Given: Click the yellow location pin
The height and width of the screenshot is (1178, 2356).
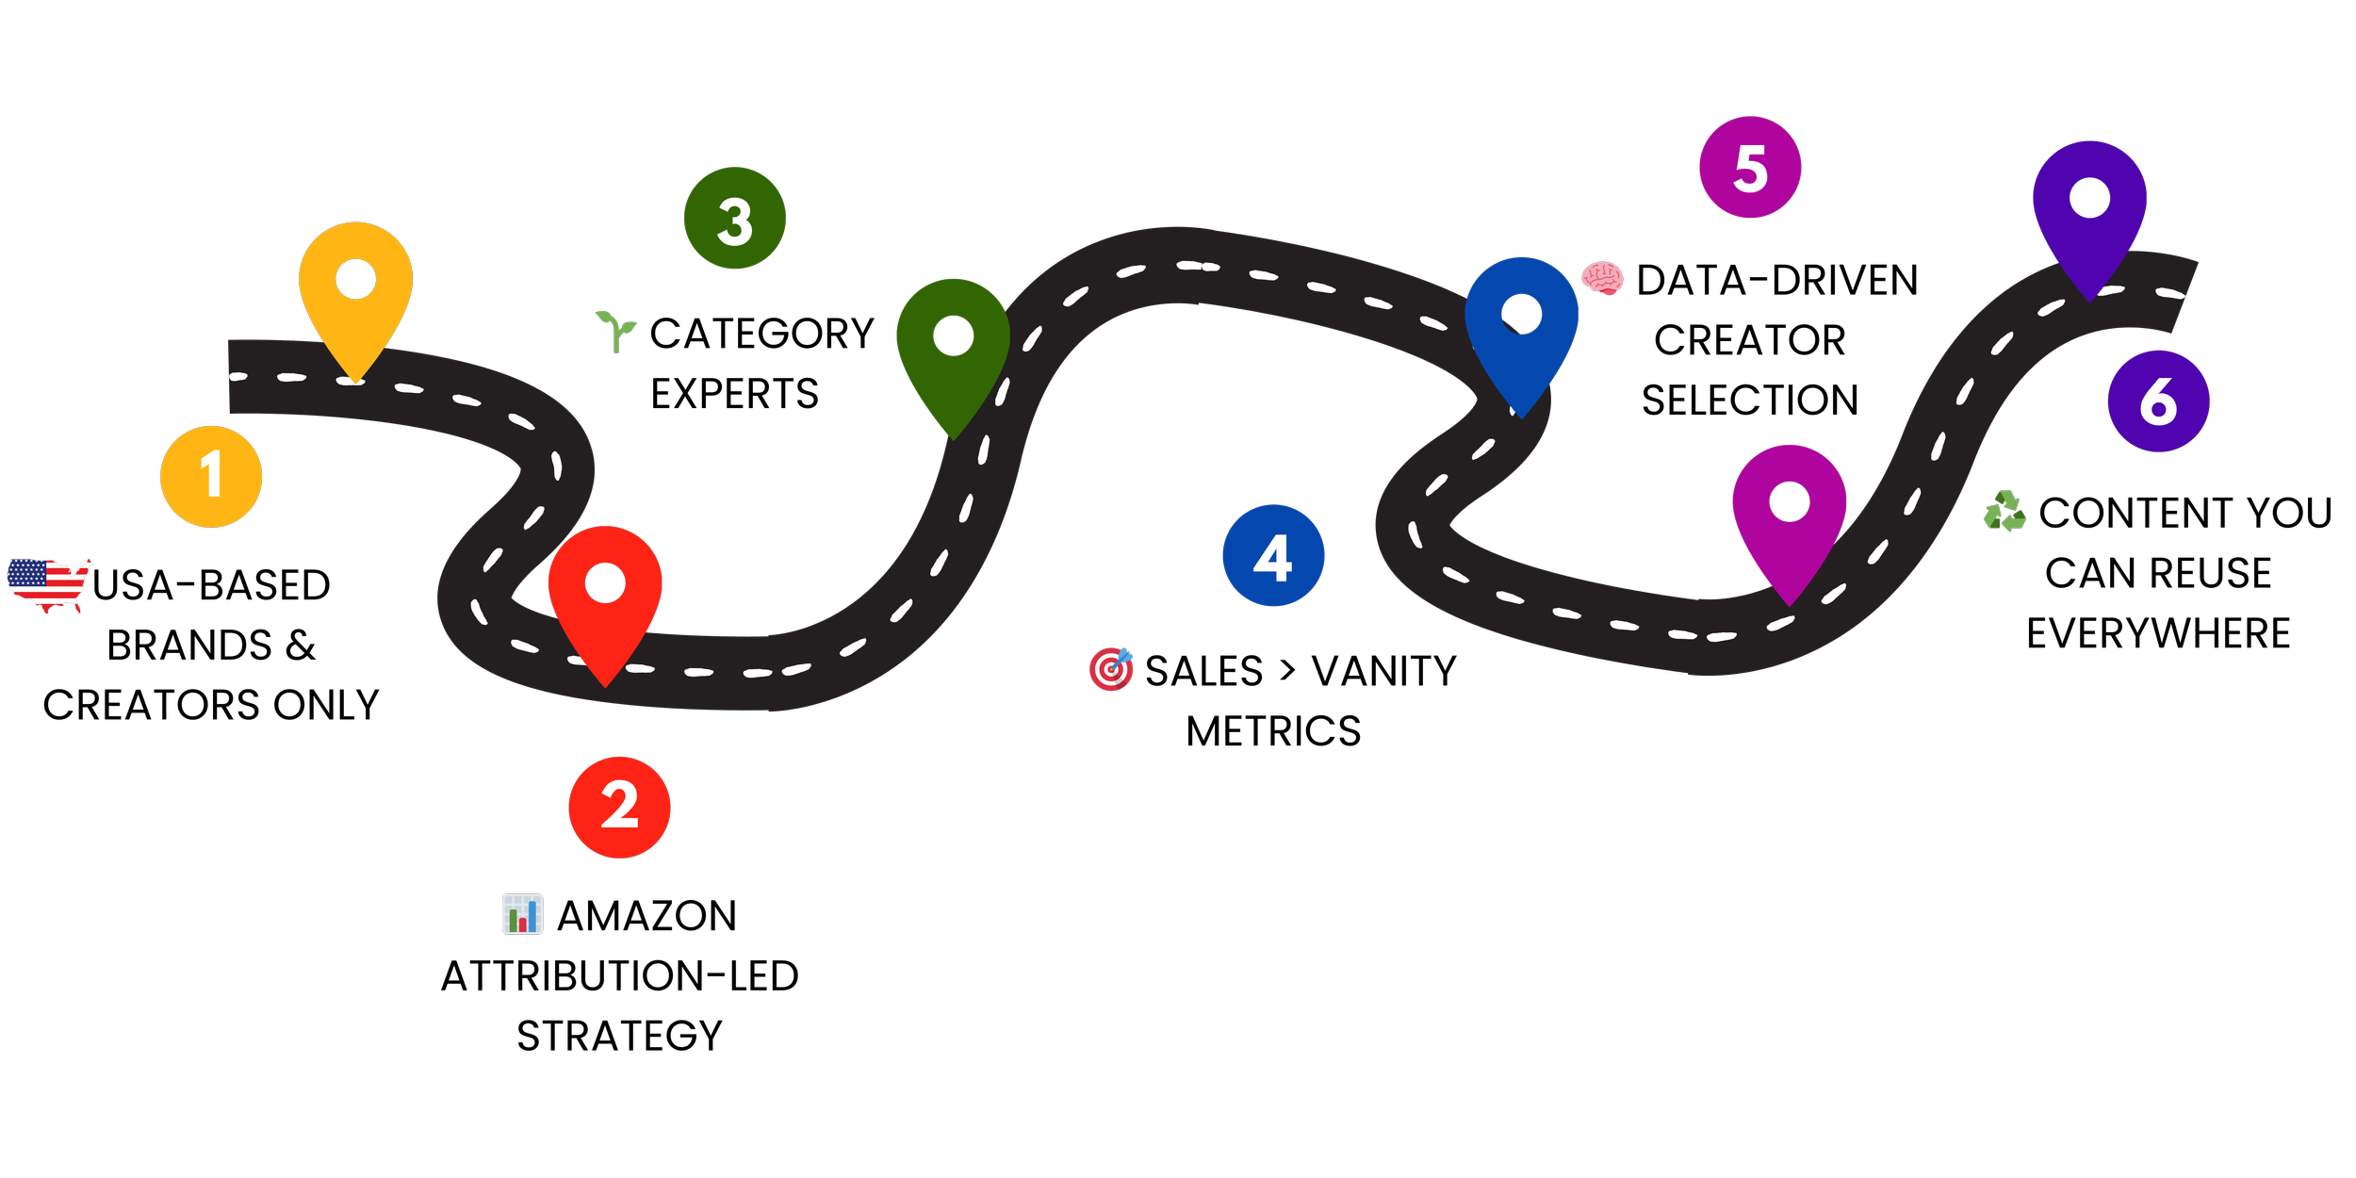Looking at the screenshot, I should (x=355, y=292).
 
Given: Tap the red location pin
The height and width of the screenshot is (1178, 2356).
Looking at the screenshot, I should (x=605, y=594).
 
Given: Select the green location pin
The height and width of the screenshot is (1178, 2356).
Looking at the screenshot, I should (x=953, y=349).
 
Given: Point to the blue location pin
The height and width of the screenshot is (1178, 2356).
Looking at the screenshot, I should (x=1521, y=325).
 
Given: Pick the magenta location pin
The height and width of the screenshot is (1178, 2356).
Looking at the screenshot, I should (x=1789, y=514).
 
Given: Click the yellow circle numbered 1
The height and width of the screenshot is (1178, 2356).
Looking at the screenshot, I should (x=211, y=476).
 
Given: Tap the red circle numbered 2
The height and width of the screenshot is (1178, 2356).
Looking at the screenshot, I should (x=619, y=807).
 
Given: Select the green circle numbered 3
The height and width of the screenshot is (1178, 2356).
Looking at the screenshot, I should (x=734, y=218).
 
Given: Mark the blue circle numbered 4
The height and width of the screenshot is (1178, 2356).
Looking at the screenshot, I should (x=1273, y=555).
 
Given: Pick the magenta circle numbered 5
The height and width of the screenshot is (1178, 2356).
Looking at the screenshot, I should (x=1750, y=167).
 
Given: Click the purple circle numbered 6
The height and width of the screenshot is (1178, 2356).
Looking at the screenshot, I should (x=2158, y=401).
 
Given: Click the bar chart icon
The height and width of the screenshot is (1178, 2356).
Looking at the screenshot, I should (x=522, y=914).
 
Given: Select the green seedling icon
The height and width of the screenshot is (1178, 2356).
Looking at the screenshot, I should (x=616, y=331).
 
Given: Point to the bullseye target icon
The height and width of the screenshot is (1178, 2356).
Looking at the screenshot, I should (x=1111, y=669).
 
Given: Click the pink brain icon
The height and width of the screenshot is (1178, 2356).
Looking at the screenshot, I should (x=1602, y=278).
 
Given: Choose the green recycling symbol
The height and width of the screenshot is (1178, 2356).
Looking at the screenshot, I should (x=2004, y=511).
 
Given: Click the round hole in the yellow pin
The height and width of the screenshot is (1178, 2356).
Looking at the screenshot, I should (x=356, y=279).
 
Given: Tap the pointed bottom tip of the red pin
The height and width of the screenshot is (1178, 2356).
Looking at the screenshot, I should (x=605, y=685).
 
